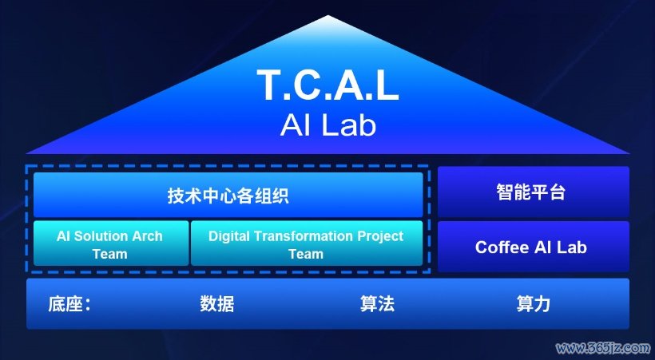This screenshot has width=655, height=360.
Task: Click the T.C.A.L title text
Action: pyautogui.click(x=327, y=85)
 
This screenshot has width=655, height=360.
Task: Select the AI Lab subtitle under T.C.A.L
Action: pyautogui.click(x=328, y=125)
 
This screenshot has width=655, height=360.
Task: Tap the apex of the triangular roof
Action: pyautogui.click(x=328, y=15)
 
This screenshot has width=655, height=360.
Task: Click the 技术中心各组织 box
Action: pyautogui.click(x=228, y=195)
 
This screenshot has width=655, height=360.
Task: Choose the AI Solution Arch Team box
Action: pyautogui.click(x=111, y=243)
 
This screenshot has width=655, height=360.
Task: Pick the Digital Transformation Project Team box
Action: pyautogui.click(x=307, y=243)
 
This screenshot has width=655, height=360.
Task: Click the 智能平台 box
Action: pyautogui.click(x=534, y=192)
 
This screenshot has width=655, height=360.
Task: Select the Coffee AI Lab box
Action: pyautogui.click(x=534, y=247)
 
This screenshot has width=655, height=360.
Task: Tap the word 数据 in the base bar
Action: pyautogui.click(x=216, y=303)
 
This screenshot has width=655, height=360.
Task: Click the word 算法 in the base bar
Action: pyautogui.click(x=377, y=303)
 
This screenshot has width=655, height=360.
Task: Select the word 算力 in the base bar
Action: pyautogui.click(x=534, y=303)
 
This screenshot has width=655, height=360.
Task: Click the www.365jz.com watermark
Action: pyautogui.click(x=603, y=347)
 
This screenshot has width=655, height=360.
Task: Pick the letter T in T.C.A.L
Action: pyautogui.click(x=270, y=85)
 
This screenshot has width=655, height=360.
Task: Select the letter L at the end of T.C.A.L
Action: pyautogui.click(x=387, y=85)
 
